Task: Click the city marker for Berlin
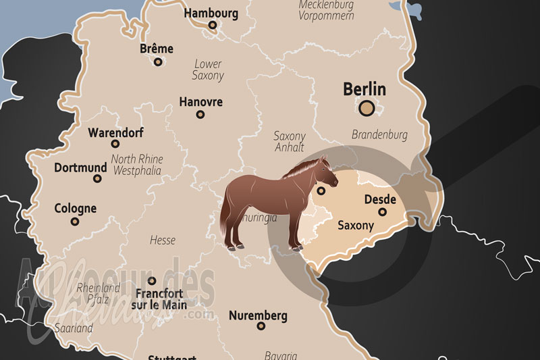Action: coord(367,107)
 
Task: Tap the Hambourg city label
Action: coord(211,13)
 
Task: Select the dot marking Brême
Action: coord(158,61)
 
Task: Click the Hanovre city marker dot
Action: coord(200,114)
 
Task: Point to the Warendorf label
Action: coord(115,132)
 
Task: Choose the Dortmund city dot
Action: coord(97,179)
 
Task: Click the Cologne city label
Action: coord(75,209)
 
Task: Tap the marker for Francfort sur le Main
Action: coord(152,280)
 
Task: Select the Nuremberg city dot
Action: coord(261,326)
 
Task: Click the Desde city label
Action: coord(380,200)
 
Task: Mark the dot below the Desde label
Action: coord(382,212)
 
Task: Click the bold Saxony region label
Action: coord(355,226)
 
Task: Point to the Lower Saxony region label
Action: coord(208,70)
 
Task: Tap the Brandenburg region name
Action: coord(379,135)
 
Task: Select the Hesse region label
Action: coord(162,240)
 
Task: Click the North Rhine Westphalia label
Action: coord(136,165)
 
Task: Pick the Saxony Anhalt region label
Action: coord(290,141)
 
